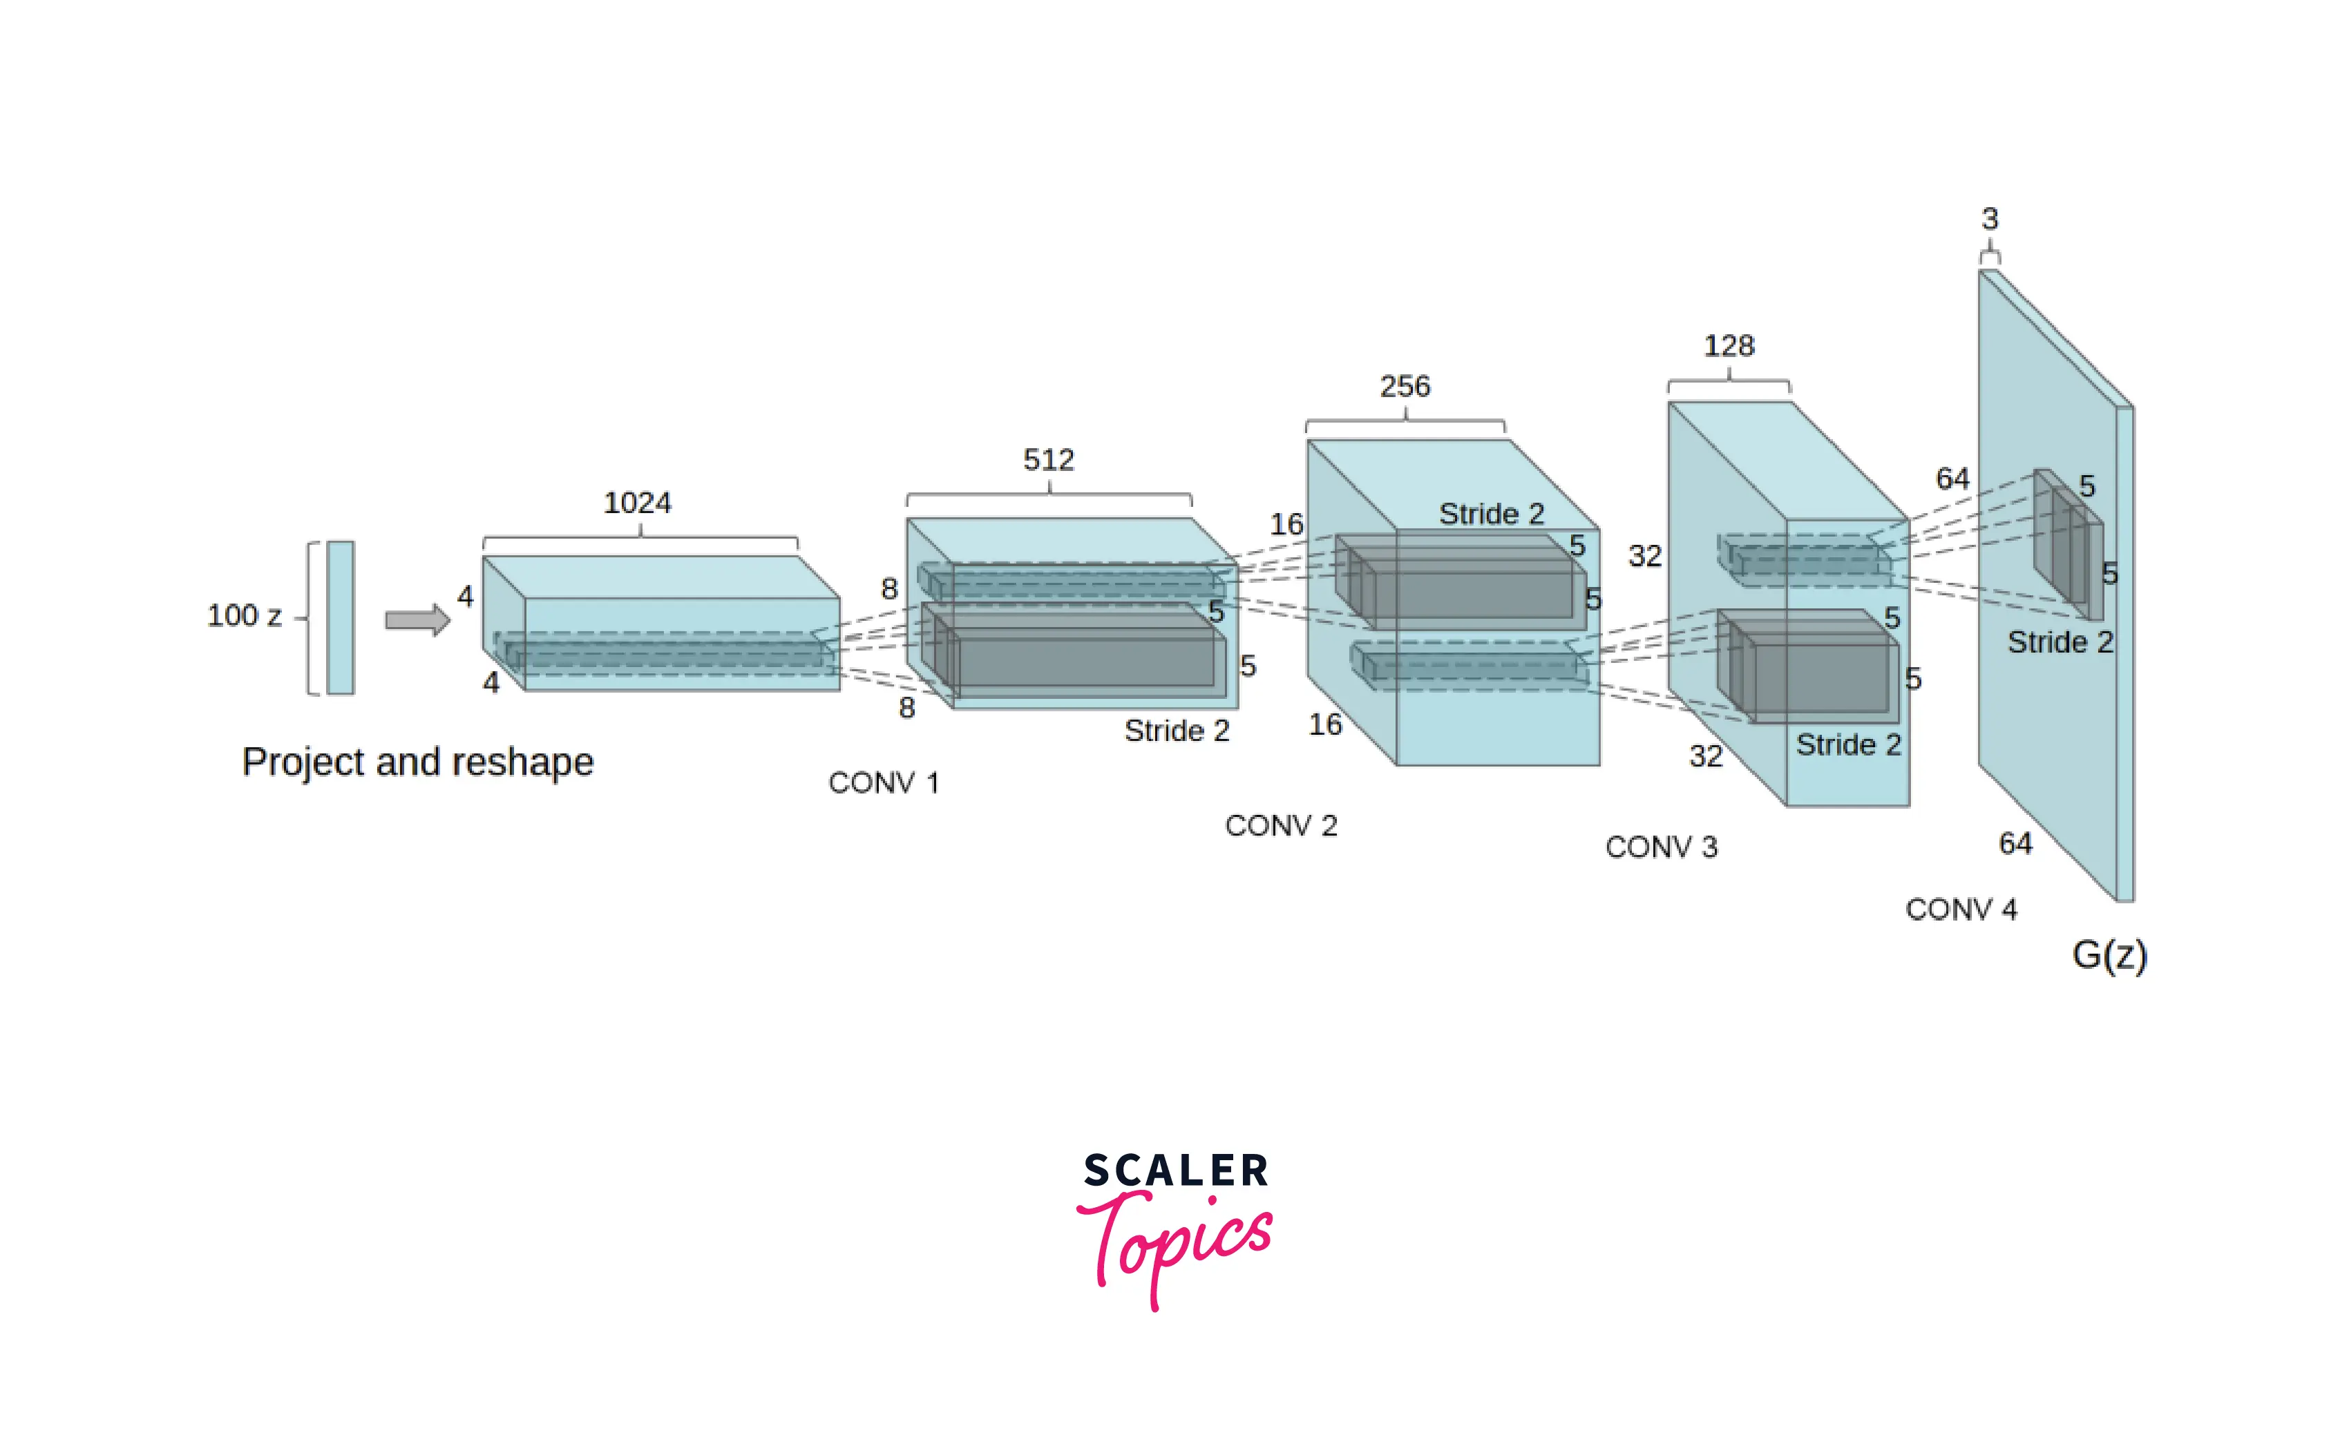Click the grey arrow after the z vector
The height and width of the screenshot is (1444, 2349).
pos(417,620)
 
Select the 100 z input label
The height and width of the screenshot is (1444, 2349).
pos(245,616)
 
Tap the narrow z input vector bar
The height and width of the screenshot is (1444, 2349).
pos(340,618)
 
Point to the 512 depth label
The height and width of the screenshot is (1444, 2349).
pos(1049,461)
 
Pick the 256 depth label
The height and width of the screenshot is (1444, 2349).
pos(1405,387)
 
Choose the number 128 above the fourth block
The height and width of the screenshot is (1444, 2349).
pos(1729,346)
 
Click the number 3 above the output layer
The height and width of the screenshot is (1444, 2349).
pos(1990,219)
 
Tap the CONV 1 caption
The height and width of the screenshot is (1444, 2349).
pos(884,783)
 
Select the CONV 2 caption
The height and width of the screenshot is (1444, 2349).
pos(1281,826)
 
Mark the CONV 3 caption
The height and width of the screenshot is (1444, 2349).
pos(1661,847)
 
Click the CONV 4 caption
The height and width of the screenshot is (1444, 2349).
pos(1961,909)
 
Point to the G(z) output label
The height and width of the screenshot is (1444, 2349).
pos(2109,955)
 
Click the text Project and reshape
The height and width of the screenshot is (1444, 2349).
pos(417,763)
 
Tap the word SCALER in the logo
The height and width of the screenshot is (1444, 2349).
pos(1176,1171)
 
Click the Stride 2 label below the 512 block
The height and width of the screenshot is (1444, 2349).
pos(1177,731)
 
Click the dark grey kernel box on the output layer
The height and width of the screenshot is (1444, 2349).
pos(2068,544)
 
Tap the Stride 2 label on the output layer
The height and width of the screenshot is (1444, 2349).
pos(2060,642)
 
